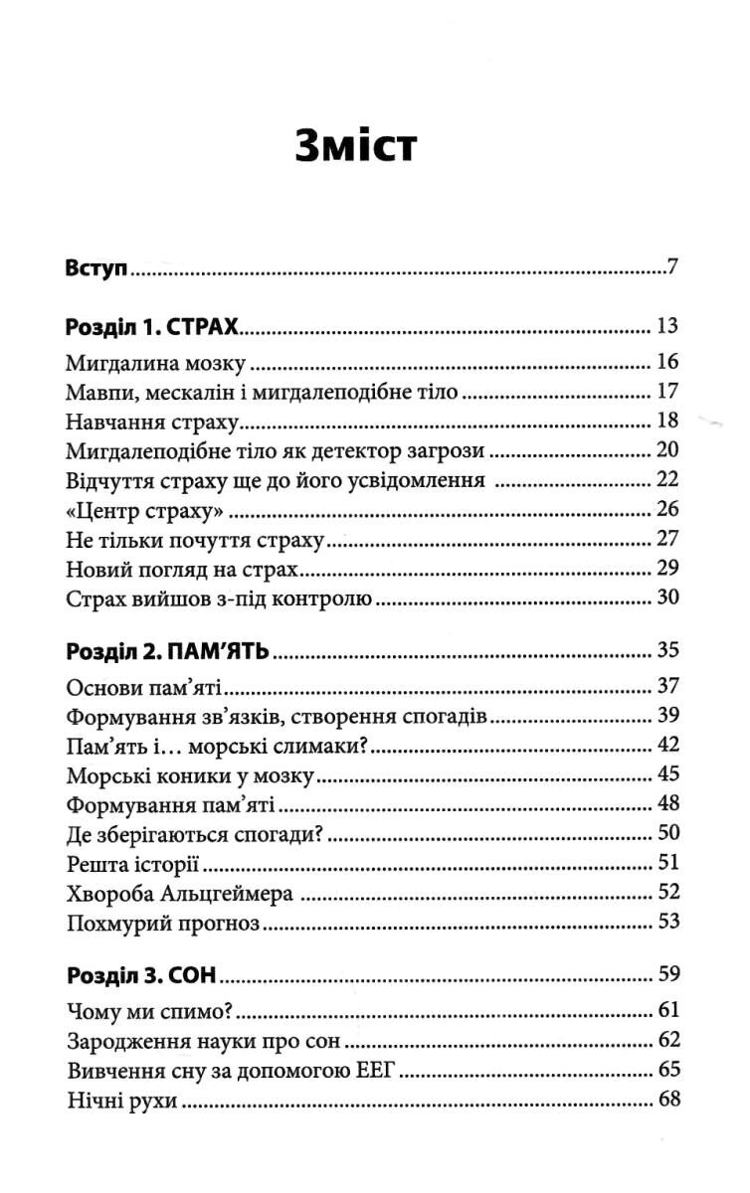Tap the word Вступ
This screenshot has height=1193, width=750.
[x=97, y=268]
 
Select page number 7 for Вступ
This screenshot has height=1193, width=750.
[x=673, y=268]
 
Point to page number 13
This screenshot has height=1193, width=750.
[x=667, y=326]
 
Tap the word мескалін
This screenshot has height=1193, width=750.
[x=193, y=392]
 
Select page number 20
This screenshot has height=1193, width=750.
[x=667, y=451]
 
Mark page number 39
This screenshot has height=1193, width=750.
[x=667, y=717]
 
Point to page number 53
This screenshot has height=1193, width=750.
[x=667, y=922]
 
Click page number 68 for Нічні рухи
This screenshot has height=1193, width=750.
[x=667, y=1101]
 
